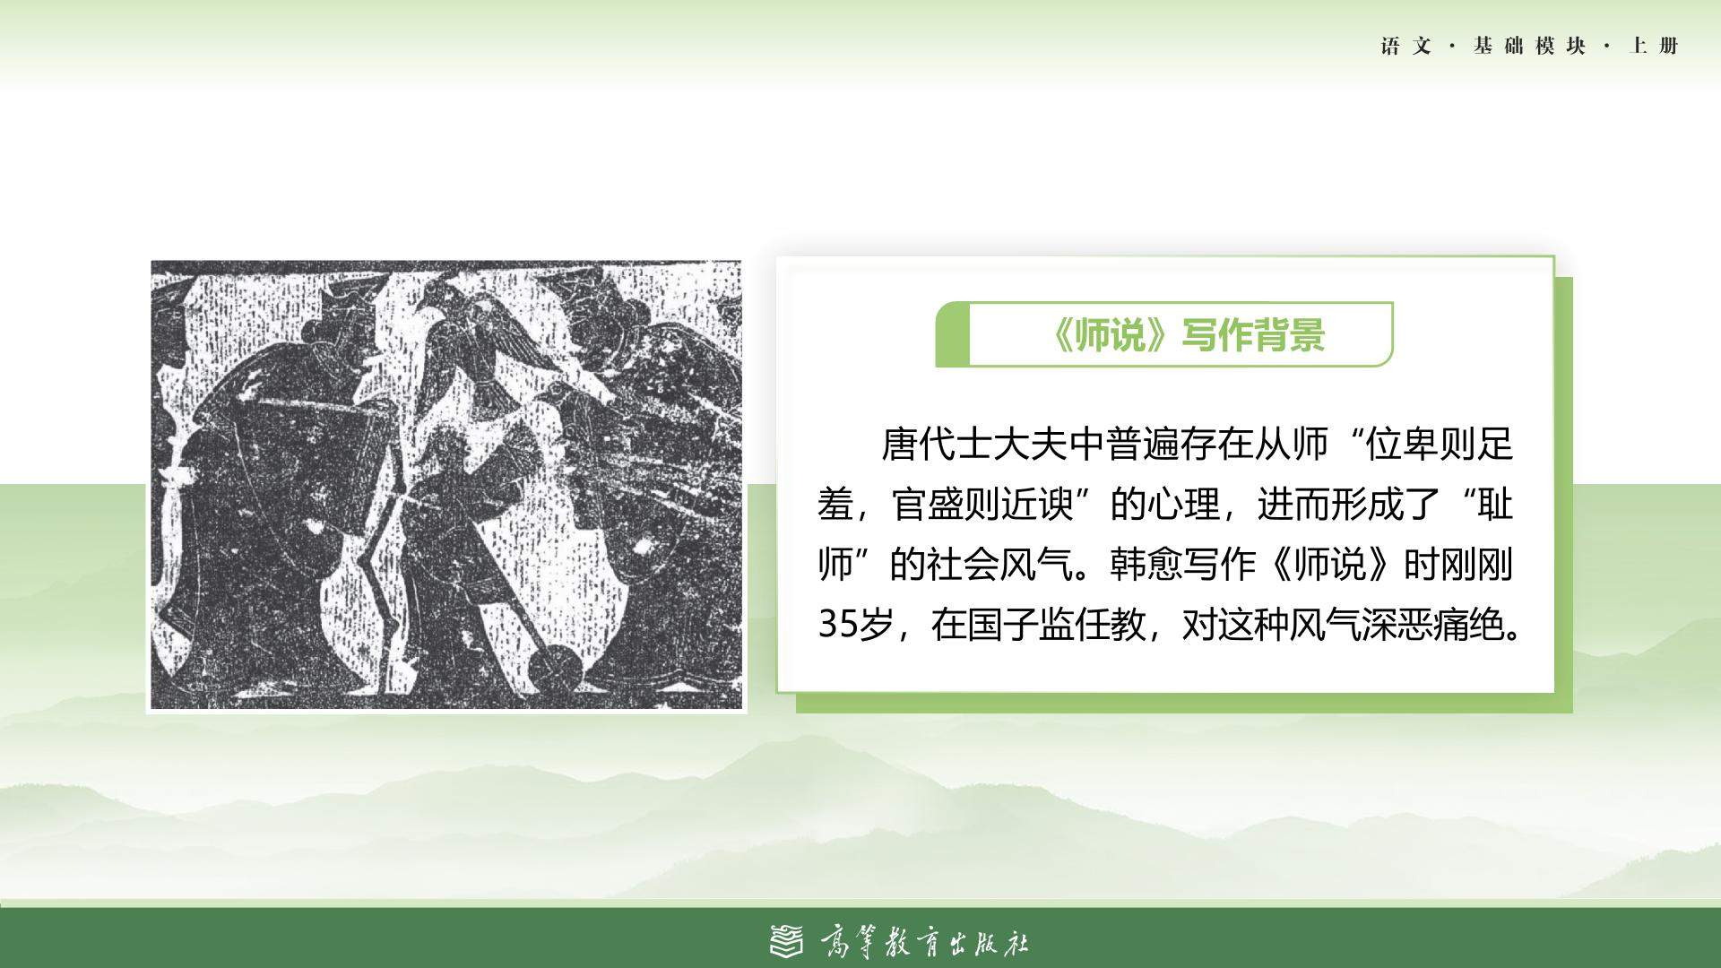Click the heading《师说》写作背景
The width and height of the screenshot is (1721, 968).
1187,335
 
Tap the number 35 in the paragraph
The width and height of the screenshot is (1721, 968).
837,625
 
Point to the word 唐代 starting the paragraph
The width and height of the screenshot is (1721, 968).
918,444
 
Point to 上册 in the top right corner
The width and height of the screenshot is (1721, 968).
1654,46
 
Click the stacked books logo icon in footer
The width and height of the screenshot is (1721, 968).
788,940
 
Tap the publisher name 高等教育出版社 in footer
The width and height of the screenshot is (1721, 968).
925,942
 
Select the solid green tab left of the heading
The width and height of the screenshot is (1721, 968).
952,334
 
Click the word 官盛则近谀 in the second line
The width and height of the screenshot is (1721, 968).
983,505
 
